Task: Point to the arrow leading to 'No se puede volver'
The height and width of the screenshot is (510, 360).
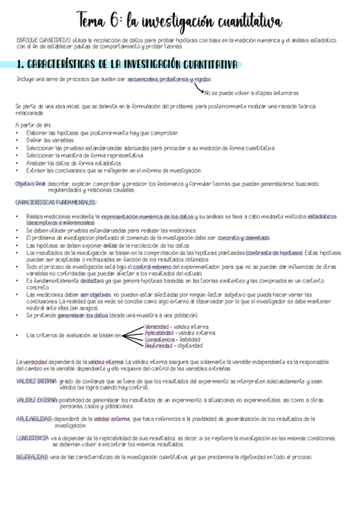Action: coord(200,88)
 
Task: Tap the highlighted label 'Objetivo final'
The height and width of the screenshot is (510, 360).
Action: coord(31,183)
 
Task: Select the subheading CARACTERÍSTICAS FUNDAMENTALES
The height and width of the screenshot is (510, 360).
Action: coord(55,202)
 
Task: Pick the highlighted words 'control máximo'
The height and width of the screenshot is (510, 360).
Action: coord(151,265)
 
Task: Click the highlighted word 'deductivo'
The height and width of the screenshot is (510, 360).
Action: coord(92,280)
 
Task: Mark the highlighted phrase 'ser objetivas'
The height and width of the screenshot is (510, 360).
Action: coord(95,295)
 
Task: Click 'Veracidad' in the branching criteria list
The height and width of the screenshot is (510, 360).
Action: coord(156,327)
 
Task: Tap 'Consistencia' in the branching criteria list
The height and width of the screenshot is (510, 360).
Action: coord(159,339)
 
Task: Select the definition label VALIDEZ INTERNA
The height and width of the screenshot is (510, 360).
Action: coord(36,381)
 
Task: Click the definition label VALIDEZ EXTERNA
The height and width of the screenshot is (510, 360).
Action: coord(37,399)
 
